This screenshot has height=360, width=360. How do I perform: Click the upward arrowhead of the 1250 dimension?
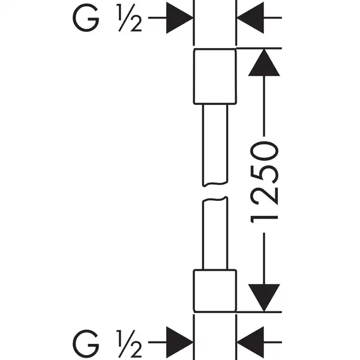[264, 62]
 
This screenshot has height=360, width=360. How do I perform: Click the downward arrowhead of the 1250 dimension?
[264, 298]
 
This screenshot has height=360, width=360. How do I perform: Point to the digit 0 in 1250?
[264, 151]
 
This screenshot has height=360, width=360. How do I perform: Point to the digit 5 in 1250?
[264, 174]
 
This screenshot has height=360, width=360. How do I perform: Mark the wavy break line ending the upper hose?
[215, 184]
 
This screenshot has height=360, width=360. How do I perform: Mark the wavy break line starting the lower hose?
[215, 199]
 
